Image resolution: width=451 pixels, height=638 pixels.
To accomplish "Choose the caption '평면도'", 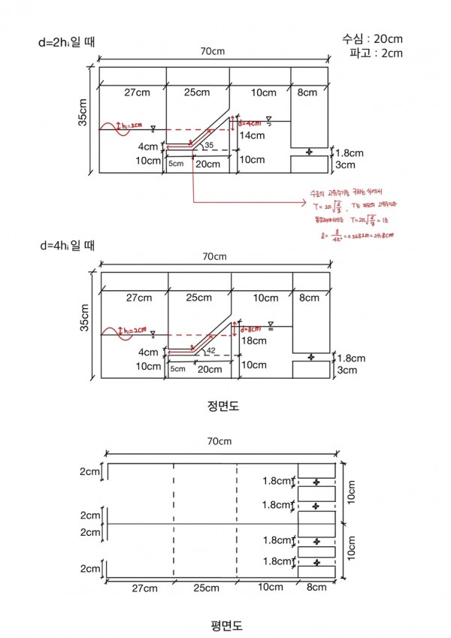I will coord(225,624).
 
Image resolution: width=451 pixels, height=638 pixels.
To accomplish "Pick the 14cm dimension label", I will coord(252,136).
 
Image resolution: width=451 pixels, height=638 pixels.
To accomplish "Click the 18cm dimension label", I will coord(254,340).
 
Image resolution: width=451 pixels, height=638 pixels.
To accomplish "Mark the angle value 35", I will coord(209,144).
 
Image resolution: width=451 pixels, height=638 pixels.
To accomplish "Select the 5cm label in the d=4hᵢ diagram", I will coord(177,369).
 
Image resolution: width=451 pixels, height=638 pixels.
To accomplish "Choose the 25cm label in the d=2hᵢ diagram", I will coord(197,92).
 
